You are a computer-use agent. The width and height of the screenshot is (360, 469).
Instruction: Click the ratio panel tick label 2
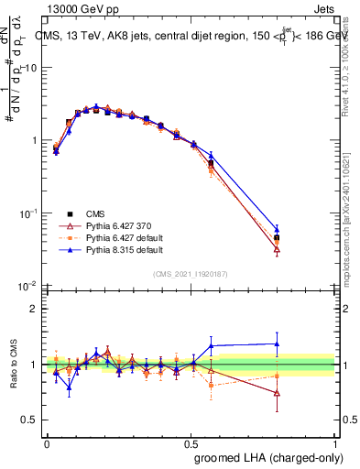click(x=34, y=309)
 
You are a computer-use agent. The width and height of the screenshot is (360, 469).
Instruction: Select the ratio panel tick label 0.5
click(x=29, y=420)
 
